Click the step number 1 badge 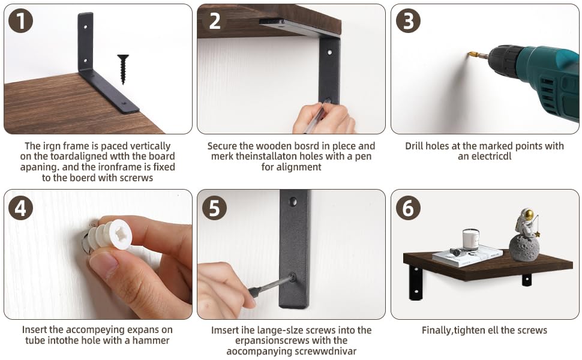tap(20, 21)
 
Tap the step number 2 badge tap(215, 21)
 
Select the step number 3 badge tap(408, 21)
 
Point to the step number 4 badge tap(20, 208)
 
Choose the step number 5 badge tap(215, 208)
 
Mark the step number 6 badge tap(408, 208)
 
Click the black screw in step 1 tap(123, 69)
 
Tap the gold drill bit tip tap(473, 55)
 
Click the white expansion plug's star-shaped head tap(121, 233)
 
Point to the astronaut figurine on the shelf tap(527, 223)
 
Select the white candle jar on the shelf tap(470, 240)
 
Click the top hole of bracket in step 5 tap(293, 202)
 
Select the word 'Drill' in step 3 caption tap(414, 146)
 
